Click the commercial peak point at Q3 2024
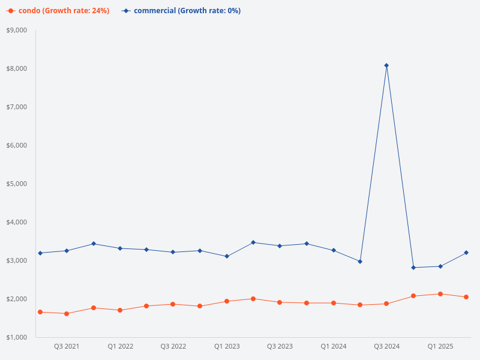(x=386, y=65)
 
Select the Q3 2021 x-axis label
(x=67, y=346)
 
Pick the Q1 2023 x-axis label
(x=227, y=346)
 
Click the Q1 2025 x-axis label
(x=440, y=346)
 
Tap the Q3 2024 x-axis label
(x=386, y=346)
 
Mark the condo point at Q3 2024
(x=386, y=304)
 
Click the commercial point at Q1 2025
(x=440, y=266)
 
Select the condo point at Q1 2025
(x=440, y=294)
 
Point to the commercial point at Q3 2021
(x=67, y=251)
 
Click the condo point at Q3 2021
(x=67, y=314)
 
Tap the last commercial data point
(x=466, y=253)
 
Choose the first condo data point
(x=40, y=312)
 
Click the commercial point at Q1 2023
(x=227, y=256)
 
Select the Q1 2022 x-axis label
(x=121, y=346)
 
